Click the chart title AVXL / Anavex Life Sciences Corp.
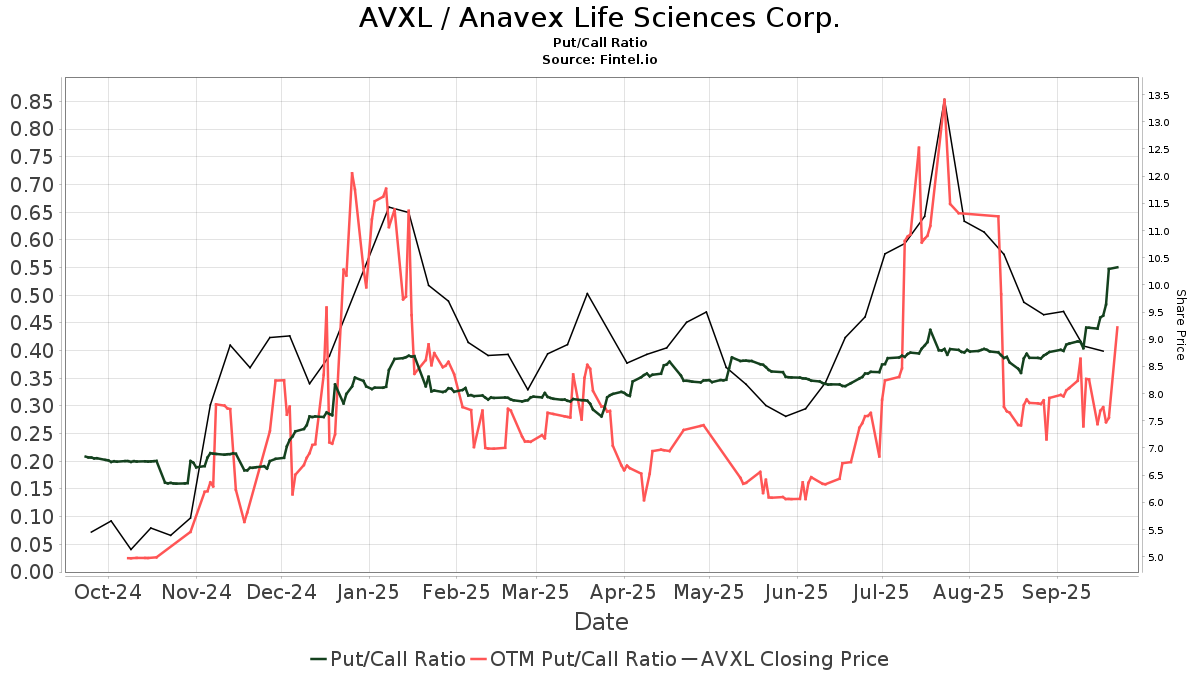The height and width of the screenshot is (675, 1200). click(x=599, y=18)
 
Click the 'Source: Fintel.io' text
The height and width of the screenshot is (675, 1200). click(x=599, y=59)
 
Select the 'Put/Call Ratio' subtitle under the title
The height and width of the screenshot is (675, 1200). click(x=599, y=43)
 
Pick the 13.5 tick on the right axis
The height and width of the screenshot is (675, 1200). click(x=1159, y=96)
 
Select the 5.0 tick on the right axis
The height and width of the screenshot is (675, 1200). click(x=1157, y=557)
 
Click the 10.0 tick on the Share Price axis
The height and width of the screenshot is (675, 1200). click(x=1159, y=286)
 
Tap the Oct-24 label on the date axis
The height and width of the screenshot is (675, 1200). click(x=107, y=592)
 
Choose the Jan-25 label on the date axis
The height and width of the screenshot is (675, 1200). click(x=369, y=592)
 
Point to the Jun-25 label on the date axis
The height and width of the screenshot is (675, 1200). click(x=796, y=592)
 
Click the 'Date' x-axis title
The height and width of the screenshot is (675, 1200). click(x=601, y=622)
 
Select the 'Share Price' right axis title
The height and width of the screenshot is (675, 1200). click(x=1180, y=325)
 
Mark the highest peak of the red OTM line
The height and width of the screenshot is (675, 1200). click(x=943, y=99)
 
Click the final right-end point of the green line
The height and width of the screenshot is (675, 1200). click(x=1117, y=267)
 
